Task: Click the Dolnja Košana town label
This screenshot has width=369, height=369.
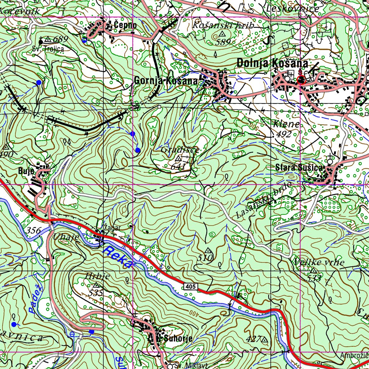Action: (272, 63)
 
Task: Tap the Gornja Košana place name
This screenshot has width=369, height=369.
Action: (166, 81)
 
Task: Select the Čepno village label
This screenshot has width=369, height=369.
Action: (125, 25)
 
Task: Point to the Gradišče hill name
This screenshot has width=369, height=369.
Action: (180, 150)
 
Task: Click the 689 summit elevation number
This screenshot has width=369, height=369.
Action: (60, 39)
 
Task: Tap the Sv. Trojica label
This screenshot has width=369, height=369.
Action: (48, 48)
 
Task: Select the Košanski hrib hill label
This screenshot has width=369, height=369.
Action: (223, 25)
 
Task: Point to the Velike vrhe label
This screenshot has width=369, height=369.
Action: (319, 262)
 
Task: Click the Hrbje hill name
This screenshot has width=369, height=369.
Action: (97, 276)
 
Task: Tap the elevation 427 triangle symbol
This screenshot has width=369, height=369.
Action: (265, 339)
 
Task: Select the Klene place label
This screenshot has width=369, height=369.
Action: (286, 124)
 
